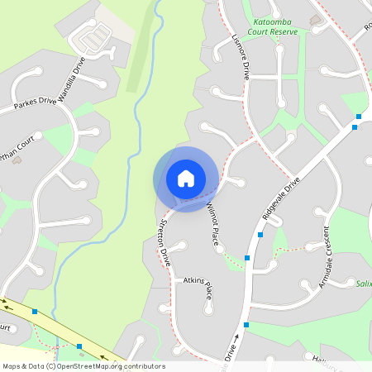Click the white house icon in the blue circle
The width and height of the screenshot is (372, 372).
click(x=186, y=179)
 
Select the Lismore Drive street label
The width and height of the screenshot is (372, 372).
click(x=242, y=57)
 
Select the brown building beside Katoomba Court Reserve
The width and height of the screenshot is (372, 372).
click(x=315, y=19)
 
